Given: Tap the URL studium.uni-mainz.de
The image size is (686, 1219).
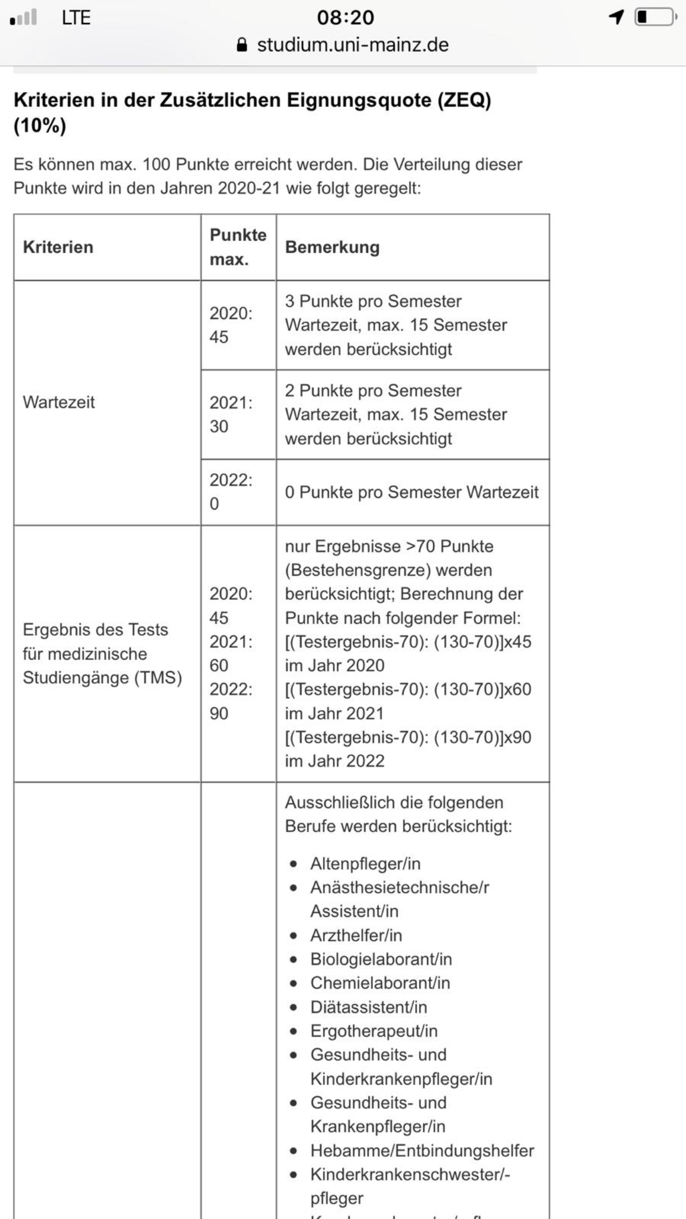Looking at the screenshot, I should (352, 45).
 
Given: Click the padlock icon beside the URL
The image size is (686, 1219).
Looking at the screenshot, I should (241, 45).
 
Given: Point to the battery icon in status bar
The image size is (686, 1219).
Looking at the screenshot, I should (655, 17).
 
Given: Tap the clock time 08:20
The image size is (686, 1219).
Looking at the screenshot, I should (345, 18).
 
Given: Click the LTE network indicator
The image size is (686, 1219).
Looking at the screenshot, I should (76, 18).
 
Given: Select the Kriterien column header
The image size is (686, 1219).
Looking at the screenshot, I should (58, 247).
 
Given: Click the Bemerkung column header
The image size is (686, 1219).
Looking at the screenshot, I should (332, 247).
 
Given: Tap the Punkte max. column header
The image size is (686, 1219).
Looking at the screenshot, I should (238, 247).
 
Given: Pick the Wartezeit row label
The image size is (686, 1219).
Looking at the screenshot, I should (59, 402).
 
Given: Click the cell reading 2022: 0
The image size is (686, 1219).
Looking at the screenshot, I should (230, 491).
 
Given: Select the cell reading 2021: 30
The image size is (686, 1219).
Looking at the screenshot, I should (230, 414).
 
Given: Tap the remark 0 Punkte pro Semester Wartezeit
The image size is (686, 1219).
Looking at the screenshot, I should (411, 492).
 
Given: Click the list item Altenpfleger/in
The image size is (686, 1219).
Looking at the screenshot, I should (365, 863).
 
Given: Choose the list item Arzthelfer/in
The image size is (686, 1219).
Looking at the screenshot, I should (356, 935).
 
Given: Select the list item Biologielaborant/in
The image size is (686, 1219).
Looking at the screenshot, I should (381, 959).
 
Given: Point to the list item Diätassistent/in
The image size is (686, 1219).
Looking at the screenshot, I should (368, 1006).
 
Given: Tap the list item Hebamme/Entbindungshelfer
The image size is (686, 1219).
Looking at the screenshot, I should (422, 1150).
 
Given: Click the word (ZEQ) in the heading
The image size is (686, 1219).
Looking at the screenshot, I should (463, 100).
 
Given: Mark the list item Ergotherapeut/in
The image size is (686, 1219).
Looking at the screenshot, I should (374, 1031).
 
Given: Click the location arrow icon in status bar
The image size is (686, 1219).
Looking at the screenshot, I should (616, 17).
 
